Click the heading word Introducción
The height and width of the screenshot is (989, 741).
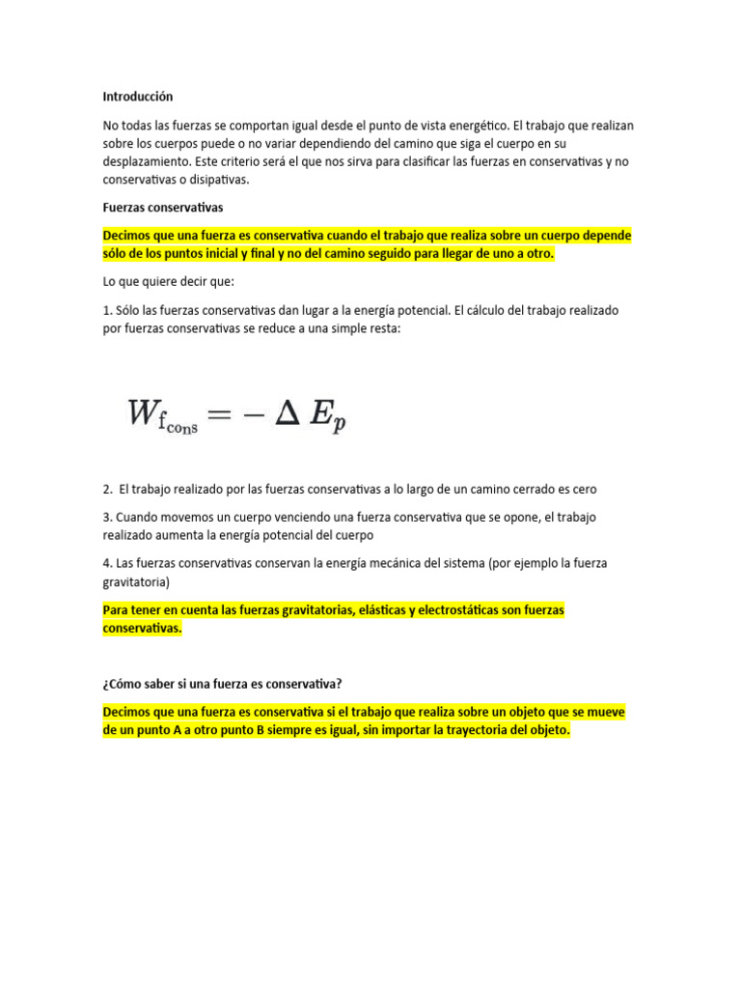pyautogui.click(x=137, y=97)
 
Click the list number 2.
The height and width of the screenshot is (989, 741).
pyautogui.click(x=107, y=490)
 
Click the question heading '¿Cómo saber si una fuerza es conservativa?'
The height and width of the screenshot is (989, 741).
pyautogui.click(x=222, y=685)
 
